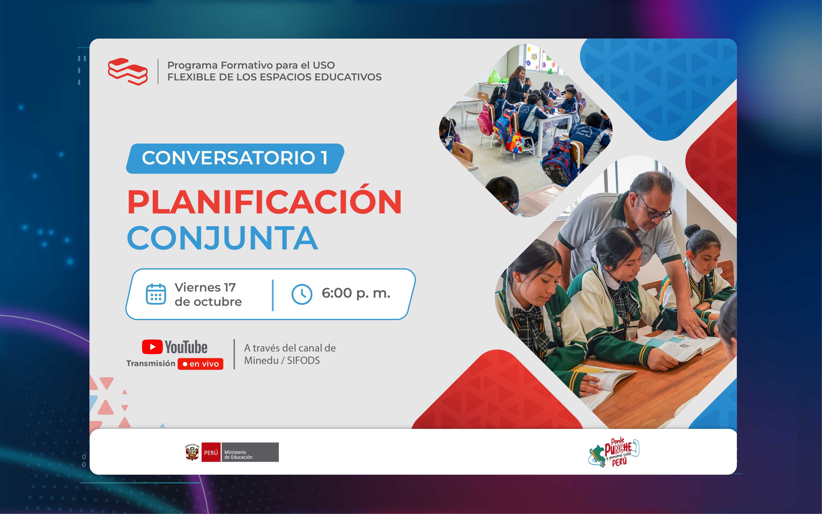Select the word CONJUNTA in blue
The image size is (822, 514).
[223, 238]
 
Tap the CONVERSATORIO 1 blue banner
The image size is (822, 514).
[235, 158]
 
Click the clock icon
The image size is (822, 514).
[302, 294]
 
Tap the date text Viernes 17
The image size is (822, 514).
[205, 288]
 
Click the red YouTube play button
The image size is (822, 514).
[152, 347]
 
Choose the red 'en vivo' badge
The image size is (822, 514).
[201, 364]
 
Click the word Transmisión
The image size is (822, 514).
[151, 364]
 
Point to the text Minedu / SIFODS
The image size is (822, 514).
[282, 360]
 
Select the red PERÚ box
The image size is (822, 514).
[211, 452]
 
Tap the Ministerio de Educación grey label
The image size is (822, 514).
[250, 452]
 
